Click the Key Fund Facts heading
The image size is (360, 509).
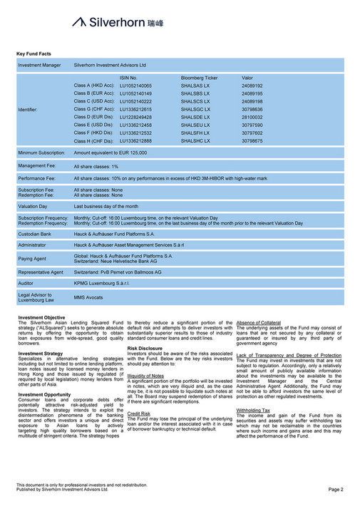point(34,53)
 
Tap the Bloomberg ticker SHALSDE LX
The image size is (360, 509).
point(195,117)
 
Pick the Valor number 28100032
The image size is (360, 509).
point(252,117)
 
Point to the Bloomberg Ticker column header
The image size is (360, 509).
point(199,77)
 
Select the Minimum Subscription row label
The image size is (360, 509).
point(41,153)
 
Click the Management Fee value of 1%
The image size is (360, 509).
point(96,165)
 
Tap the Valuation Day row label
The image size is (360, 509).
point(34,205)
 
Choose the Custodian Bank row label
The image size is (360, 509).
point(35,233)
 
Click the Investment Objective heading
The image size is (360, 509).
point(41,317)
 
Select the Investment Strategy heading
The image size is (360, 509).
point(40,354)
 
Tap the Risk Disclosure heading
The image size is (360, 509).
point(147,348)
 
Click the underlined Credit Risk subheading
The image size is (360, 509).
point(139,413)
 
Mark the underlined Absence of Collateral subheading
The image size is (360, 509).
point(258,322)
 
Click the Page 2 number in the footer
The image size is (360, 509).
point(336,490)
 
